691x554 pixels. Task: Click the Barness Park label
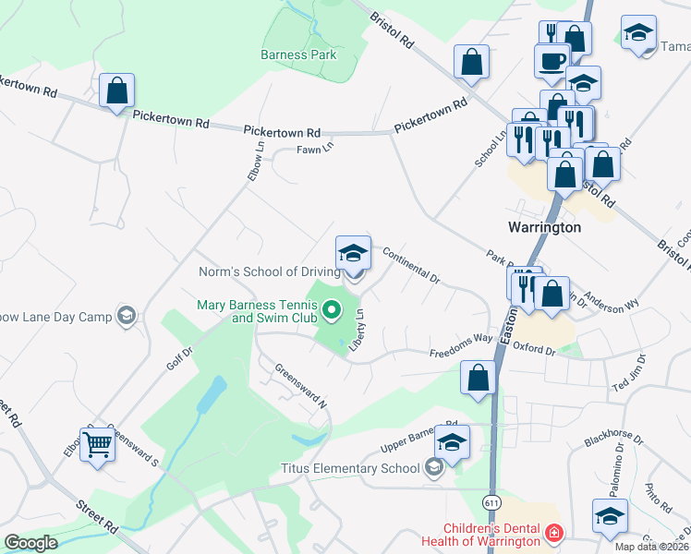(x=298, y=54)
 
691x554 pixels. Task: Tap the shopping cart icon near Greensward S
(x=97, y=445)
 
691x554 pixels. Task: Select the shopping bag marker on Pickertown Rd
(x=116, y=90)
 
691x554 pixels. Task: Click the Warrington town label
(x=545, y=227)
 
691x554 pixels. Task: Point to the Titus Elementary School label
(x=354, y=468)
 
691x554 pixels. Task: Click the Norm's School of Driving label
(x=269, y=272)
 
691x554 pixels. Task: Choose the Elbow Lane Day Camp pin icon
(x=127, y=317)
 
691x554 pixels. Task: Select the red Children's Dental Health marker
(x=553, y=534)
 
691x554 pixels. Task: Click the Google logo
(x=30, y=543)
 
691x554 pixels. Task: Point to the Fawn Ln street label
(x=314, y=148)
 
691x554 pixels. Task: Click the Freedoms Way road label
(x=461, y=346)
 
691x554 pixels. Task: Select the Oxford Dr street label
(x=533, y=349)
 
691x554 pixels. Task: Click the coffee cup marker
(x=552, y=61)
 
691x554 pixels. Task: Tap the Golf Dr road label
(x=180, y=358)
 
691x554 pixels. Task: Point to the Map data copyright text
(x=651, y=547)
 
